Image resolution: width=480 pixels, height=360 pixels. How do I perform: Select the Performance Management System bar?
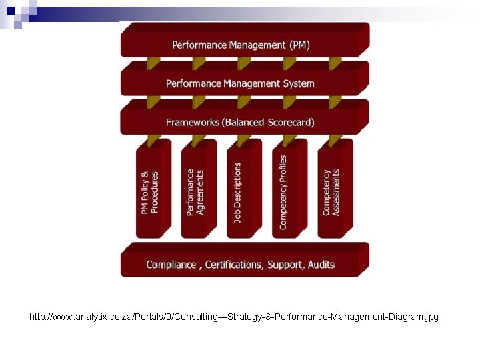241,83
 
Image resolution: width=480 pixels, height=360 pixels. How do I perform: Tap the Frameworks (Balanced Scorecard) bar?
241,121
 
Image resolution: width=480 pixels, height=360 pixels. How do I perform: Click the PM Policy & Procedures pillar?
150,192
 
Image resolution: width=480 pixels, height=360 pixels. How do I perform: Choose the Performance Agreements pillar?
195,192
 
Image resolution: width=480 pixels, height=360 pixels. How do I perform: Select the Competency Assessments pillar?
331,192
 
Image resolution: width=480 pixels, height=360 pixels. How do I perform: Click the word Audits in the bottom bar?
321,265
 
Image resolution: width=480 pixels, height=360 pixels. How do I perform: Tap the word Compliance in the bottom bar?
171,265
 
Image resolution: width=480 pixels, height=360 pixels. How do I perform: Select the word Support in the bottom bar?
285,265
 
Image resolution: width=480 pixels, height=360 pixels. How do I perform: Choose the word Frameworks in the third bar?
193,122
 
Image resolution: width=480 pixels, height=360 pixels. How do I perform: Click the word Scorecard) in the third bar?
291,122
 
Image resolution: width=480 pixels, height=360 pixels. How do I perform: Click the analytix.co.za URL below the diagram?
234,317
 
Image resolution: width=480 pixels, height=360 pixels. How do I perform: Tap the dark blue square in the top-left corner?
10,9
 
